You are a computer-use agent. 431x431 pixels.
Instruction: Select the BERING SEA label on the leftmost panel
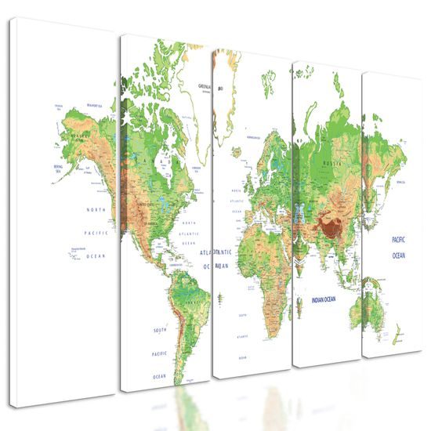click(57, 167)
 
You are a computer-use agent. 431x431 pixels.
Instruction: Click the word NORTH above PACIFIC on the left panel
click(96, 210)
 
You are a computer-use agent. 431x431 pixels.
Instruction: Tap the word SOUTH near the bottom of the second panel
click(160, 330)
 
